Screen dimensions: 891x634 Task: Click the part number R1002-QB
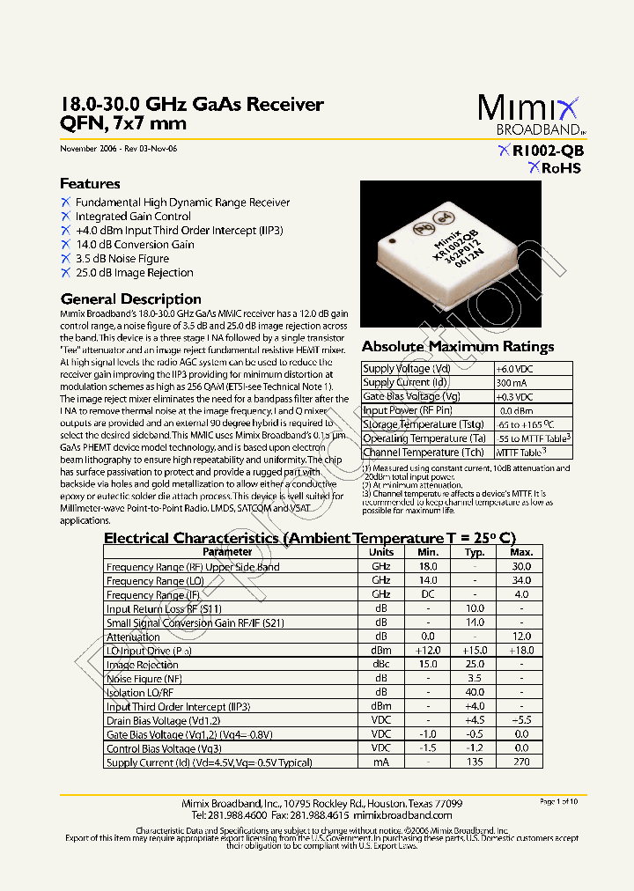coord(547,151)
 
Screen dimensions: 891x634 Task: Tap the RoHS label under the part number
coord(560,168)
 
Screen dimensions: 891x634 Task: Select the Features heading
coord(90,184)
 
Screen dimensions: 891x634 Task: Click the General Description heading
coord(130,299)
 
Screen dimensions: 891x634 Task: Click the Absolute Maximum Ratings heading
coord(458,347)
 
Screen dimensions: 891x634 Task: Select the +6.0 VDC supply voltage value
coord(516,369)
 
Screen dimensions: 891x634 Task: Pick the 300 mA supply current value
coord(512,383)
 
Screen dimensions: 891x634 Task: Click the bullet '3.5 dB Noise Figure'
coord(122,259)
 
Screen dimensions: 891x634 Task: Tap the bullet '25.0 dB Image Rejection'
coord(134,273)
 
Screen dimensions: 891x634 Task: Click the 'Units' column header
coord(380,552)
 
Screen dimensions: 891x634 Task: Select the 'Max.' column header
coord(521,552)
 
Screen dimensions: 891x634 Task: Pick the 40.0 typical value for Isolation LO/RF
coord(475,693)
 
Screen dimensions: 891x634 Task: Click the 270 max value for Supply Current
coord(521,762)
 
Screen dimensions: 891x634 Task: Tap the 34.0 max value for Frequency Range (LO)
coord(521,581)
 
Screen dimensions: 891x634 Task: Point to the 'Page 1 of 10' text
coord(558,801)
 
